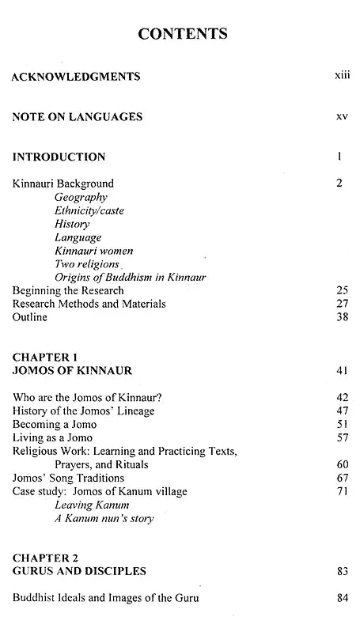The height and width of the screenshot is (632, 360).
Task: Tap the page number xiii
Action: pyautogui.click(x=342, y=77)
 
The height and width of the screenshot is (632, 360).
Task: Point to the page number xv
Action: pyautogui.click(x=342, y=116)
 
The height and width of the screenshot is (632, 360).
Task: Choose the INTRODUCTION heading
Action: pyautogui.click(x=59, y=157)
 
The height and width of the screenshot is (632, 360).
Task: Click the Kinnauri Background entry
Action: pyautogui.click(x=63, y=184)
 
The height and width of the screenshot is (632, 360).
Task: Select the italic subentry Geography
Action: pyautogui.click(x=81, y=197)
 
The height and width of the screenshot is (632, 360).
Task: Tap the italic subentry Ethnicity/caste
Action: pyautogui.click(x=89, y=210)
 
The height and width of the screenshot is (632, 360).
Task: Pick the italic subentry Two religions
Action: pyautogui.click(x=87, y=264)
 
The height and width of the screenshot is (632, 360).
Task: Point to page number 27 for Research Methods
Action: pyautogui.click(x=342, y=304)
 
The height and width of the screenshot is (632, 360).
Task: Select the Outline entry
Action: pyautogui.click(x=30, y=317)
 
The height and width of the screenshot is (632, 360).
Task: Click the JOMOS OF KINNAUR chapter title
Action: pyautogui.click(x=71, y=369)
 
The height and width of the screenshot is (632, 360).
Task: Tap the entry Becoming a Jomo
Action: pyautogui.click(x=52, y=424)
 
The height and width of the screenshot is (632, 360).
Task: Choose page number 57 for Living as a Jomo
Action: pyautogui.click(x=342, y=437)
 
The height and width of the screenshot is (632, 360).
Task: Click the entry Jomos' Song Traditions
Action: pyautogui.click(x=69, y=478)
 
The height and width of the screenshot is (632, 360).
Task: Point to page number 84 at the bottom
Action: pyautogui.click(x=342, y=598)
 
